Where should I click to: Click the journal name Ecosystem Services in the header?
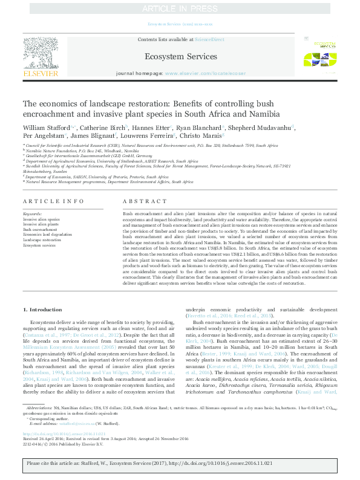180,57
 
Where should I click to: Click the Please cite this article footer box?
180,462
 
